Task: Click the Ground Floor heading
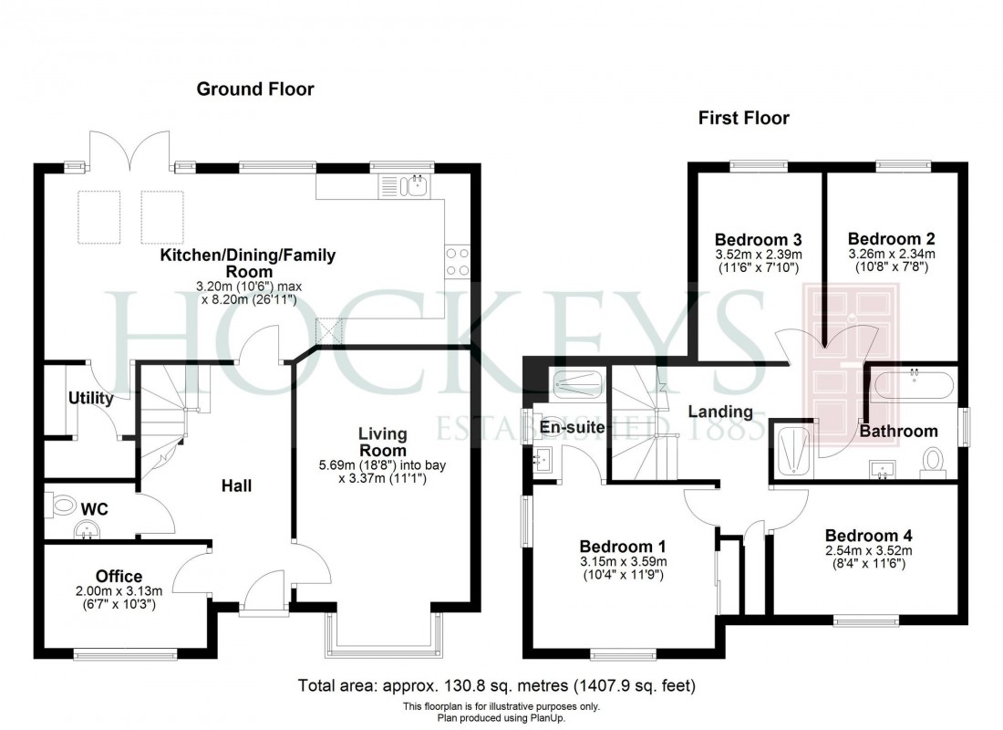pos(255,89)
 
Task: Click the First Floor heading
pos(743,118)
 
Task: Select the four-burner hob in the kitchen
pos(459,262)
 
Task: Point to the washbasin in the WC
pos(87,528)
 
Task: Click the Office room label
pos(119,577)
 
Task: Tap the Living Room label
pos(382,443)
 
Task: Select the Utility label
pos(91,398)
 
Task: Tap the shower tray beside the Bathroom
pos(794,451)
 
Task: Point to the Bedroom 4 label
pos(868,536)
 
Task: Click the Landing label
pos(719,412)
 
